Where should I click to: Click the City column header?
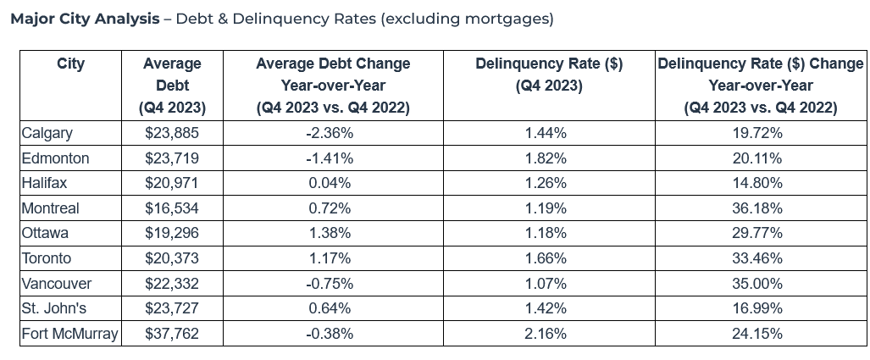click(x=70, y=64)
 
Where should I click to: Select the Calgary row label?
click(x=47, y=133)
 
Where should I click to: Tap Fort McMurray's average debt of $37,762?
click(x=172, y=334)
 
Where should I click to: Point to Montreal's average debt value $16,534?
click(x=172, y=208)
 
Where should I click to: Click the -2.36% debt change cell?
click(x=330, y=133)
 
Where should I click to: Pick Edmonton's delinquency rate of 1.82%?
click(x=546, y=158)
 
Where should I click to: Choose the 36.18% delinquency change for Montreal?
click(x=757, y=208)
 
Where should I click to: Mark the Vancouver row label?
click(x=57, y=284)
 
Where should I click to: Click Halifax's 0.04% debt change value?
click(x=330, y=183)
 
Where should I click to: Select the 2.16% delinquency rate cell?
click(x=546, y=334)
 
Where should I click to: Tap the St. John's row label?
click(x=54, y=308)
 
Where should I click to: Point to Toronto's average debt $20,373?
click(x=172, y=258)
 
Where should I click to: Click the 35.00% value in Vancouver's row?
click(x=757, y=284)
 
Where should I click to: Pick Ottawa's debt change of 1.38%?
click(x=330, y=233)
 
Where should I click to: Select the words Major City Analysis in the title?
click(x=85, y=19)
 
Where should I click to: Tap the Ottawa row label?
click(x=45, y=233)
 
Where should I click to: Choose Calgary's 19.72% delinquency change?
click(x=757, y=133)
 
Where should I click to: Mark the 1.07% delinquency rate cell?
click(x=546, y=284)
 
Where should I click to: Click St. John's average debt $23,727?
click(x=172, y=308)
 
